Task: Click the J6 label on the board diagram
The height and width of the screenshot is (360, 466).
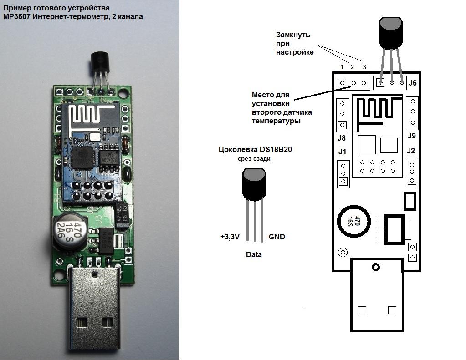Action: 413,83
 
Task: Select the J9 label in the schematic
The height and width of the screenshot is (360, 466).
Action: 411,136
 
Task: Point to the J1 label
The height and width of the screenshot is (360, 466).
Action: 342,151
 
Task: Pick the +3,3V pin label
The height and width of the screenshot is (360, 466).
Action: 230,237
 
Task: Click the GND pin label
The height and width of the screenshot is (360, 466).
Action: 277,237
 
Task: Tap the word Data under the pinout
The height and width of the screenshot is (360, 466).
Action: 254,254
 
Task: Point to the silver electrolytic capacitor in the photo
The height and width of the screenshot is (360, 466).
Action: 67,230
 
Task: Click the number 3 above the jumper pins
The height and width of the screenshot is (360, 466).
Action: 364,67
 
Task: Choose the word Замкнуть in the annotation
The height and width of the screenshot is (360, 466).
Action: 293,35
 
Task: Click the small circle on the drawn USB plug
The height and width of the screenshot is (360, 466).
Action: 376,267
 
